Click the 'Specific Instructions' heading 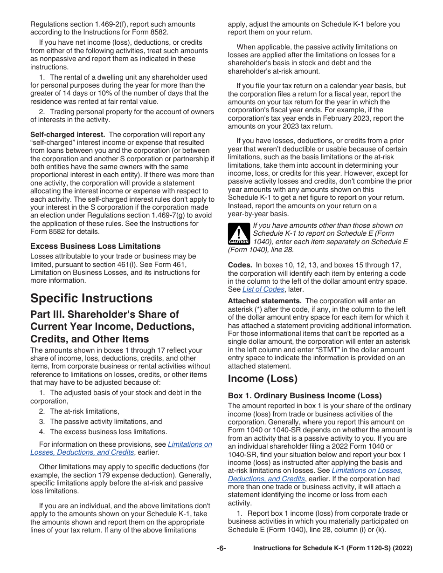(x=91, y=298)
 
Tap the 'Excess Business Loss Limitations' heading (x=95, y=246)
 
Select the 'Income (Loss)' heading (x=263, y=378)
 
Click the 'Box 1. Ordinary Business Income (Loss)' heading (x=305, y=396)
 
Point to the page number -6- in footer (x=221, y=548)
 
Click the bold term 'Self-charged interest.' (x=67, y=134)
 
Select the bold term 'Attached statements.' (x=264, y=301)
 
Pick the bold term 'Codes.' (x=240, y=265)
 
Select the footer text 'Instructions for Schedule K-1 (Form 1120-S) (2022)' (x=332, y=548)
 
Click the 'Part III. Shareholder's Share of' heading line (x=104, y=314)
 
